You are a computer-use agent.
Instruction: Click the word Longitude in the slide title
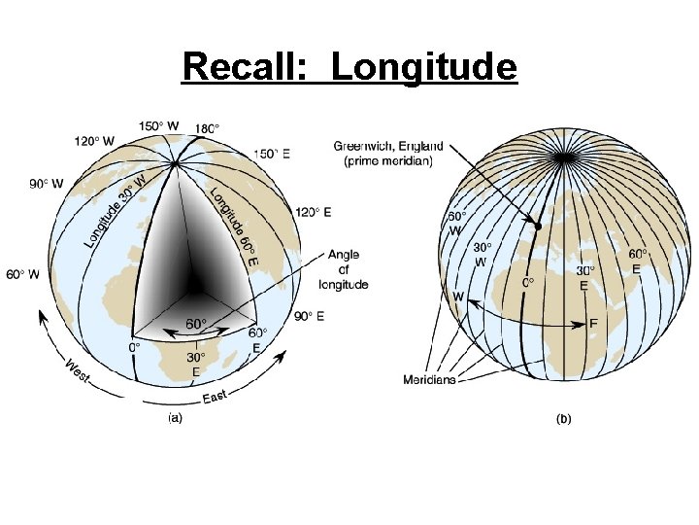pyautogui.click(x=424, y=68)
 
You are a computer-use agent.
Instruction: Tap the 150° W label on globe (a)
pyautogui.click(x=158, y=125)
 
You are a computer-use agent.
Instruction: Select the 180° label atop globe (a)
pyautogui.click(x=206, y=127)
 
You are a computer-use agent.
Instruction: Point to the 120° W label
pyautogui.click(x=98, y=141)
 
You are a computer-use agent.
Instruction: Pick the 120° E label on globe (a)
pyautogui.click(x=315, y=212)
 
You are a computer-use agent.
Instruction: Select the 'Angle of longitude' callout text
pyautogui.click(x=344, y=269)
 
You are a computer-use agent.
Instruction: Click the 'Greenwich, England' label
pyautogui.click(x=385, y=147)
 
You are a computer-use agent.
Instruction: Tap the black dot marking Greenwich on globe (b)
pyautogui.click(x=537, y=226)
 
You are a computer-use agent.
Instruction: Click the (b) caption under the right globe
pyautogui.click(x=563, y=419)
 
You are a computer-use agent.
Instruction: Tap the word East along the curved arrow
pyautogui.click(x=216, y=395)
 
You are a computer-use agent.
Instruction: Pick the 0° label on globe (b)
pyautogui.click(x=528, y=283)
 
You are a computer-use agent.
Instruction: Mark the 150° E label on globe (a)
pyautogui.click(x=273, y=153)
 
